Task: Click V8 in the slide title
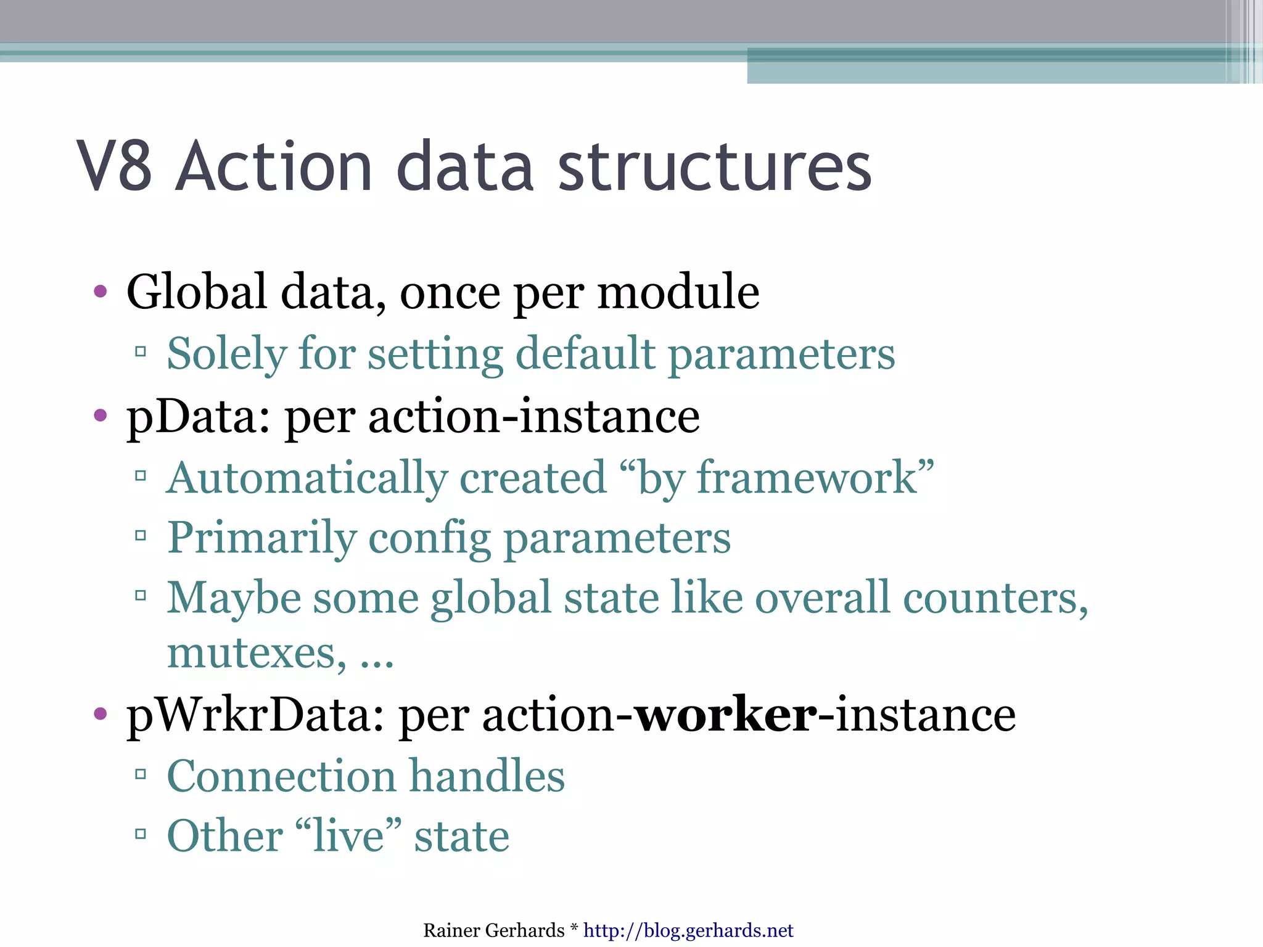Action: (x=115, y=166)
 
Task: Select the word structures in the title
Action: (x=715, y=166)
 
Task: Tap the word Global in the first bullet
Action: (x=197, y=292)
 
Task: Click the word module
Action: (x=678, y=293)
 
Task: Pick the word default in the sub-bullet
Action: (x=585, y=355)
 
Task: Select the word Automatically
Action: (x=306, y=478)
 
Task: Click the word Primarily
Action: (x=261, y=538)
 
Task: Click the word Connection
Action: (x=281, y=776)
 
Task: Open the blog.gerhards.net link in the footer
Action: (x=688, y=930)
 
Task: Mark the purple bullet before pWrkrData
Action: (x=100, y=715)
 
